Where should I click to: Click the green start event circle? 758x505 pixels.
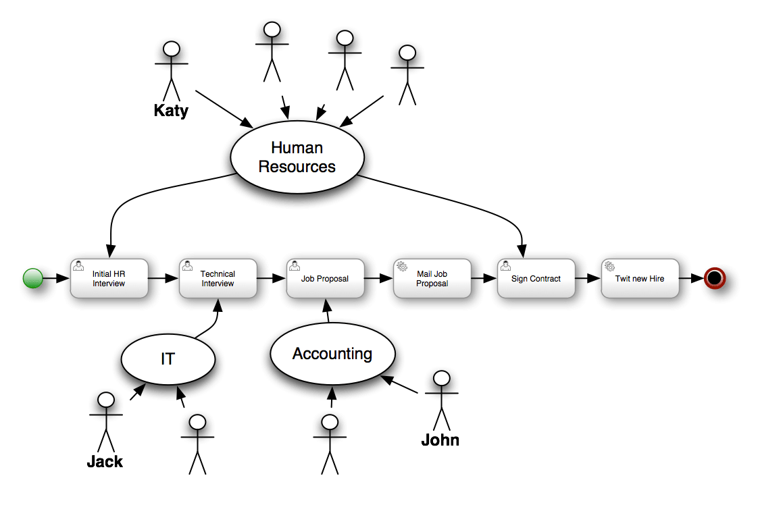[x=33, y=278]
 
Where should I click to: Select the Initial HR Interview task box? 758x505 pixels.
[x=109, y=278]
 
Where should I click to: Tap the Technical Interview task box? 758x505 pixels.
[x=218, y=278]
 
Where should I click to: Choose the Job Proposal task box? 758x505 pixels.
[x=325, y=278]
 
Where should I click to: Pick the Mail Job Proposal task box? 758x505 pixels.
[x=432, y=278]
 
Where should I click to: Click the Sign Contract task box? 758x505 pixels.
[x=536, y=278]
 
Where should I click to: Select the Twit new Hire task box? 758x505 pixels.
[x=640, y=278]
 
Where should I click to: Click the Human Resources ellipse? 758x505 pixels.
[x=297, y=157]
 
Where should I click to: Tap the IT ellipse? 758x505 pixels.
[x=168, y=359]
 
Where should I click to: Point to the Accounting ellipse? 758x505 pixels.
[x=332, y=354]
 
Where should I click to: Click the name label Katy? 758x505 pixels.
[x=171, y=110]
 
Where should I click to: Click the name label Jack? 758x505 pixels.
[x=105, y=462]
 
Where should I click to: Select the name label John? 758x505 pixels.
[x=440, y=440]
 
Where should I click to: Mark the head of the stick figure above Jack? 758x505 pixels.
[x=106, y=400]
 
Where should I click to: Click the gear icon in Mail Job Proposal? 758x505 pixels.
[x=401, y=267]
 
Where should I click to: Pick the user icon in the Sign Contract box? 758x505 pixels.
[x=505, y=266]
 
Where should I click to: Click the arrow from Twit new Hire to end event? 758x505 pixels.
[x=692, y=278]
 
